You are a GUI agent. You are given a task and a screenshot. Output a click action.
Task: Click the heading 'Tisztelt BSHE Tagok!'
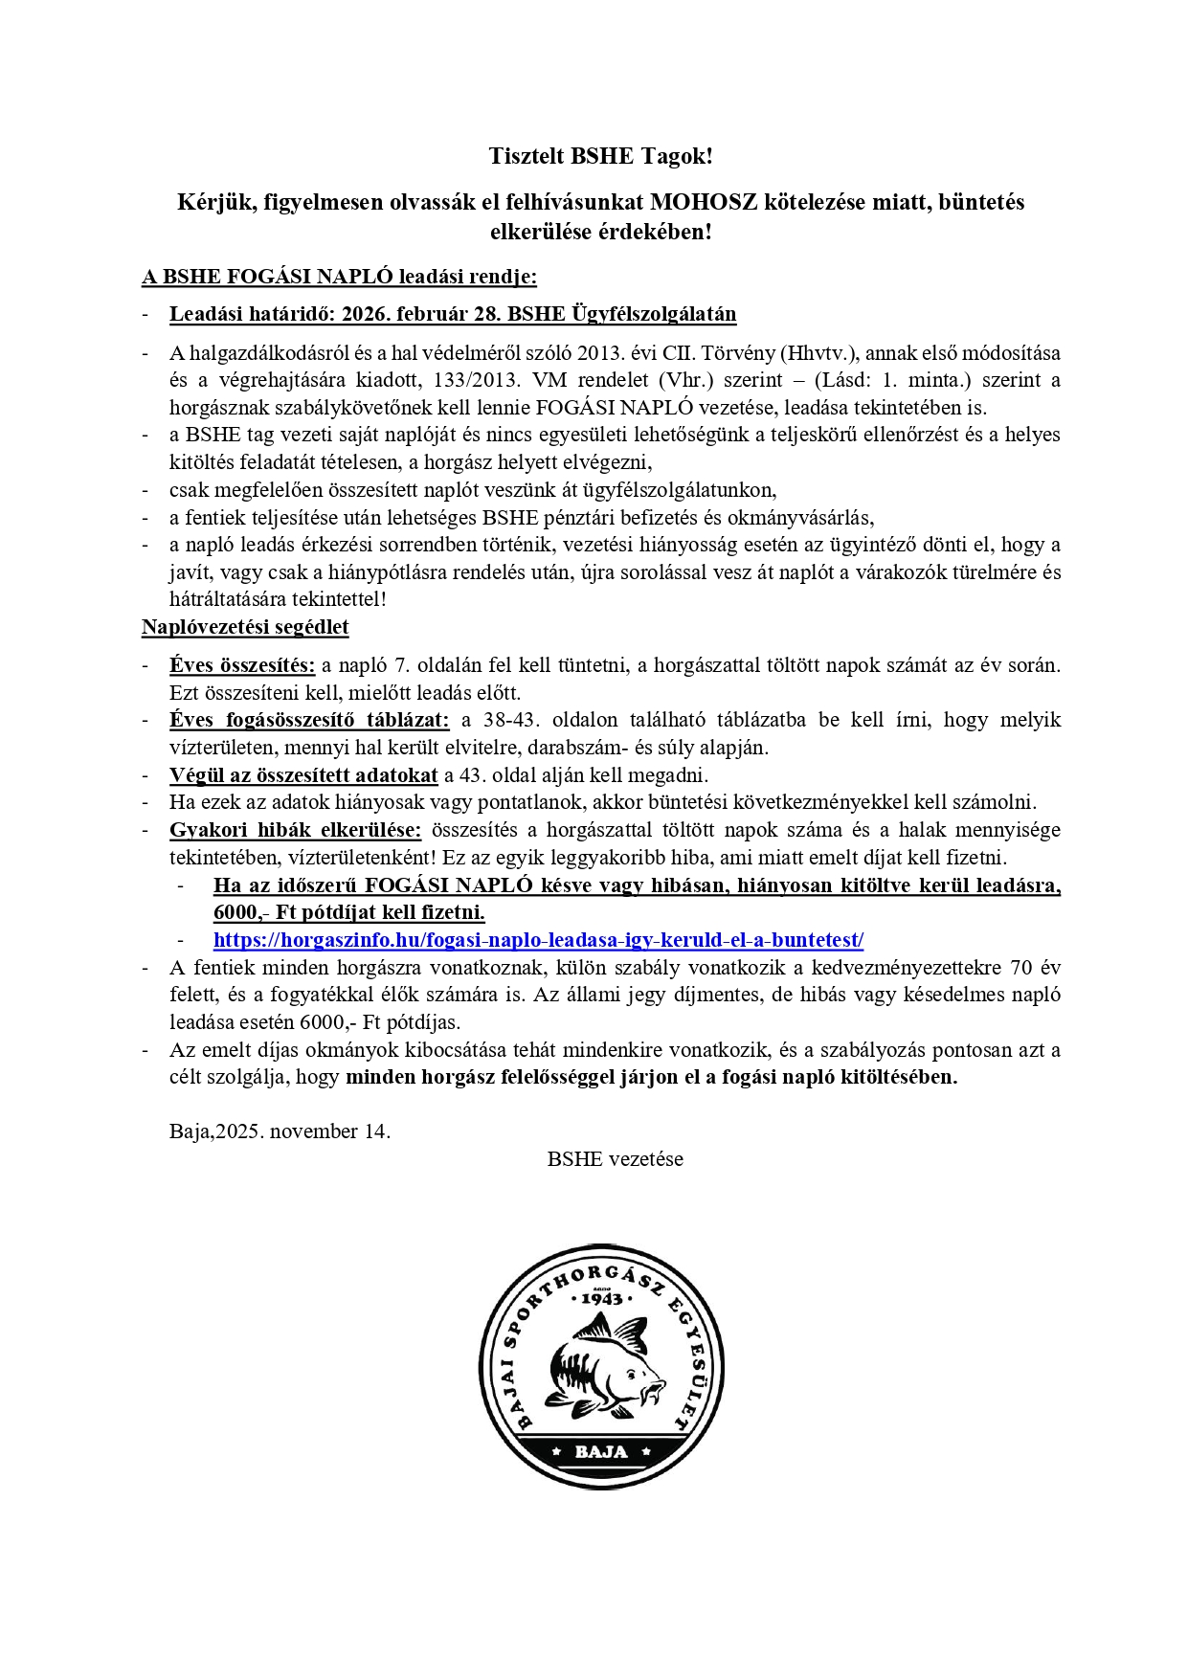(x=600, y=156)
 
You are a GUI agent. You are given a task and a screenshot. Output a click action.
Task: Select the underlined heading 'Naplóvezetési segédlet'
(x=245, y=628)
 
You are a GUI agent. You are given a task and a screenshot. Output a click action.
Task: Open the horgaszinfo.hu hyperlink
(x=538, y=940)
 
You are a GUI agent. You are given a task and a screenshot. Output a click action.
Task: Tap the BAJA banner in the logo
(x=601, y=1451)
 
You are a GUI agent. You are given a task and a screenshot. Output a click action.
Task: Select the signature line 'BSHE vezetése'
(x=615, y=1159)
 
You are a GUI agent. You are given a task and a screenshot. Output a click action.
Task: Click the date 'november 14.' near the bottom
(x=330, y=1131)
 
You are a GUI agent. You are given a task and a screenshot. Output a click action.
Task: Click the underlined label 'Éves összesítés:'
(x=242, y=665)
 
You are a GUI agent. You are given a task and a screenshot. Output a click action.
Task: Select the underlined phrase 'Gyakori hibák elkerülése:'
(x=295, y=830)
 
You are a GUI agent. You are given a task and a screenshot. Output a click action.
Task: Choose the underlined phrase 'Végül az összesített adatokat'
(x=303, y=775)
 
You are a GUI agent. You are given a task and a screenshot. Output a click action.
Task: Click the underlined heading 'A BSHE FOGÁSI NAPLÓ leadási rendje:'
(x=339, y=278)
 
